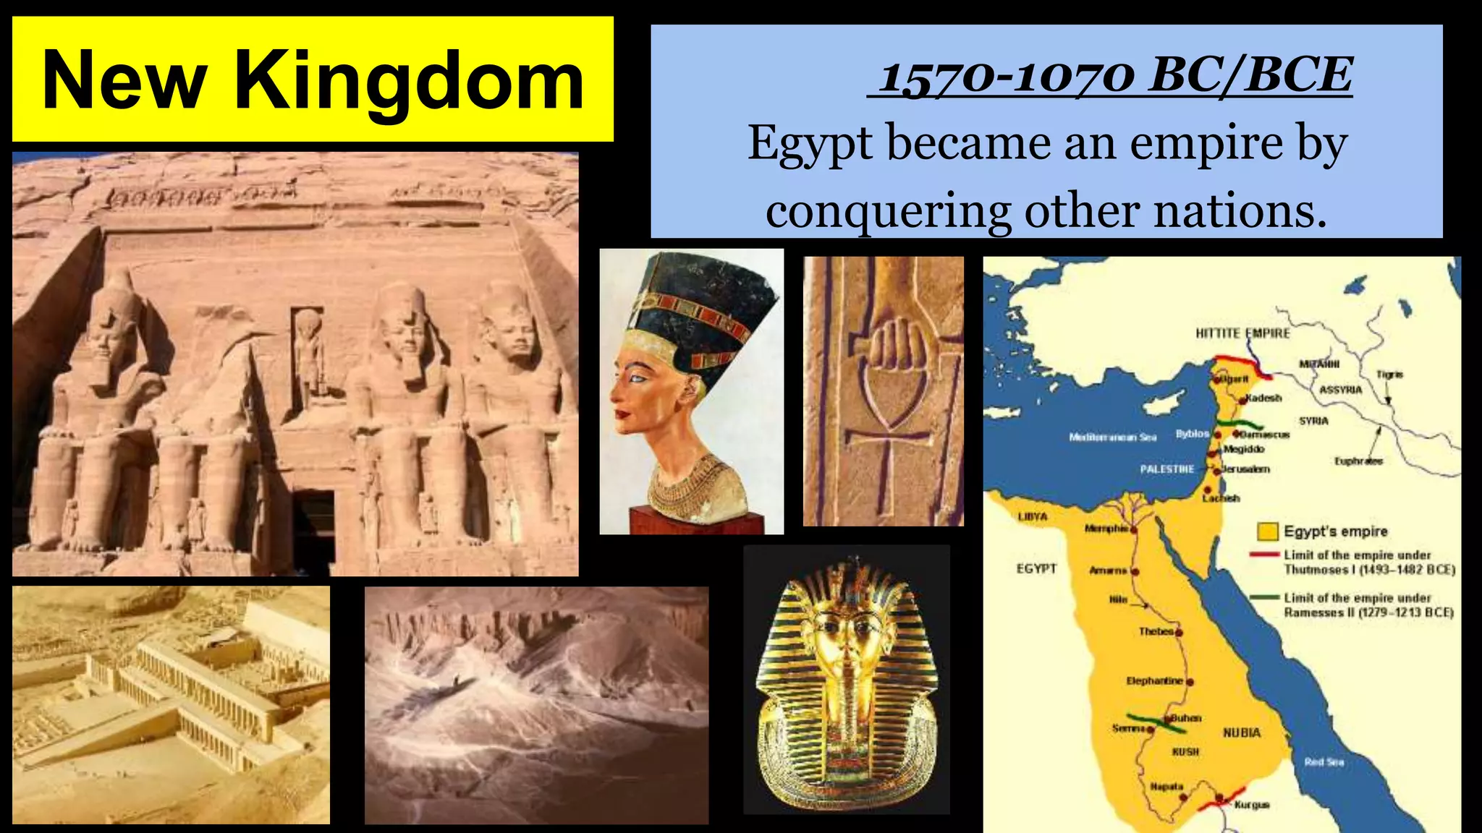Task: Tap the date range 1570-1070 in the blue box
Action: (1005, 77)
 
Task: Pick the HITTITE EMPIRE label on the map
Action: (1242, 333)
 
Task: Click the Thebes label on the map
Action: (1155, 631)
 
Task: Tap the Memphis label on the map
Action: (1106, 529)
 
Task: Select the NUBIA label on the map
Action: (1242, 732)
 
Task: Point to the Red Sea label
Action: (1324, 761)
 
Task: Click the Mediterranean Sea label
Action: (1112, 437)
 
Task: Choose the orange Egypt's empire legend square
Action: (1267, 532)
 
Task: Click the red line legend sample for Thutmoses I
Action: (1265, 555)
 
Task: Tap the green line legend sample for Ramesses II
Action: (1265, 597)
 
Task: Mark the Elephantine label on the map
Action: (1154, 681)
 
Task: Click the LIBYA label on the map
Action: (1033, 517)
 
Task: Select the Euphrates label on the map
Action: (1358, 461)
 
